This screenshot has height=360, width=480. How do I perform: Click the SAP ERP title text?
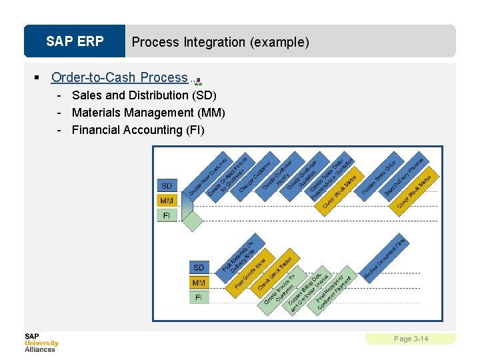(x=75, y=41)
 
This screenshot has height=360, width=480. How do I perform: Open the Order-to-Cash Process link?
(x=119, y=77)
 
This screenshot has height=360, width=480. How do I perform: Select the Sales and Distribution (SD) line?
(x=144, y=95)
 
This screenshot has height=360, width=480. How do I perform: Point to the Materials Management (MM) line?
(x=148, y=113)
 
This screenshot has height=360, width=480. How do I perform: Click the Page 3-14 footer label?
(x=411, y=339)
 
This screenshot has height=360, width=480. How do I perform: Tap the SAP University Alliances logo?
(x=41, y=342)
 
